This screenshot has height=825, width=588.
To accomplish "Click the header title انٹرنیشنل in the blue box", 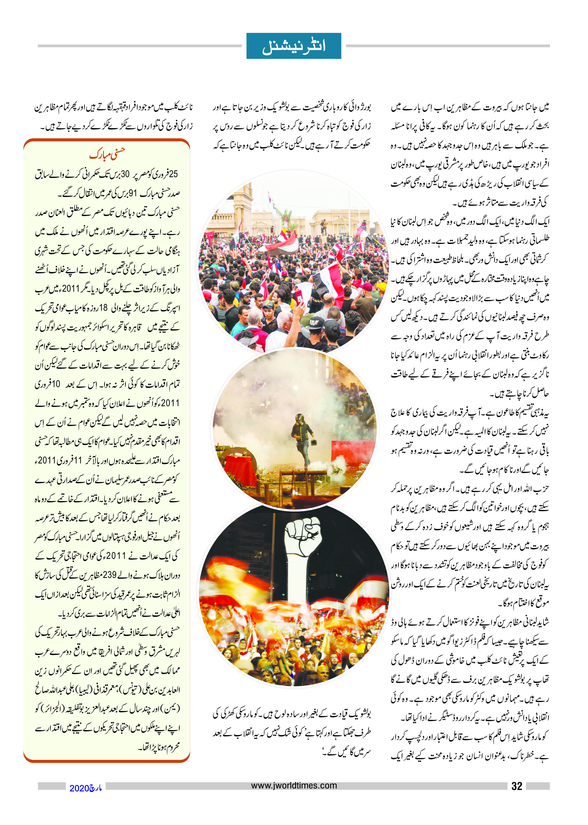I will coord(294,46).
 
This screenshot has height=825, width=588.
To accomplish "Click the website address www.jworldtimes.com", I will coord(294,786).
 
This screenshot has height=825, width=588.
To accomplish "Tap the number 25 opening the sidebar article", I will coord(173,174).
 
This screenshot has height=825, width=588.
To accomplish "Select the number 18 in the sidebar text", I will coord(104,308).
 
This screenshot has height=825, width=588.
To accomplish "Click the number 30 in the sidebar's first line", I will coord(125,174).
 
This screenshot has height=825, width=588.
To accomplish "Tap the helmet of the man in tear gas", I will coord(299,417).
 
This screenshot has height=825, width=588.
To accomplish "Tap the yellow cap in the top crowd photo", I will coord(381,286).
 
